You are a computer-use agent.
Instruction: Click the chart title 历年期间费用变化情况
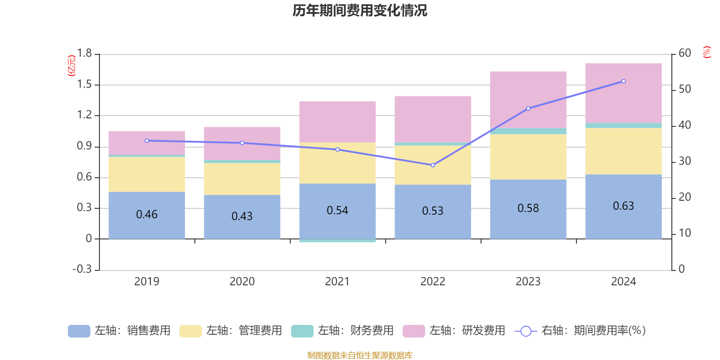(x=360, y=10)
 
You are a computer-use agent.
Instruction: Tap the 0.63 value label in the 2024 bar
(x=623, y=206)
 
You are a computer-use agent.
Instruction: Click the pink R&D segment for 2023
(x=528, y=99)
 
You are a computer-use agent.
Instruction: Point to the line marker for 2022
(x=433, y=165)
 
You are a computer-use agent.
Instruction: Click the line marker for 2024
(x=623, y=81)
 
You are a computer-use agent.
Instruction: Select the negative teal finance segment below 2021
(x=337, y=241)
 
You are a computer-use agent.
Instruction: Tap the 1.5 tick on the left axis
(x=84, y=84)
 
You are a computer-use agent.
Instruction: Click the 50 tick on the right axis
(x=684, y=89)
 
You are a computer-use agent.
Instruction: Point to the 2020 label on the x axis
(x=242, y=282)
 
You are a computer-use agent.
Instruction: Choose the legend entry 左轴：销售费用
(x=119, y=331)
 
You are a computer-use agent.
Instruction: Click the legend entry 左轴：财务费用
(x=342, y=331)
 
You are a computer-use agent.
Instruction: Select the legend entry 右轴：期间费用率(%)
(x=580, y=331)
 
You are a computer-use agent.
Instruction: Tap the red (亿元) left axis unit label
(x=72, y=66)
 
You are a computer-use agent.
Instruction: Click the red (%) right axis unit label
(x=706, y=52)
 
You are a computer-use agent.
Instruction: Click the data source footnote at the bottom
(x=360, y=355)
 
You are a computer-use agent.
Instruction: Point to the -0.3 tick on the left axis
(x=82, y=269)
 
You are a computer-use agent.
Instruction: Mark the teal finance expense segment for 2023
(x=528, y=131)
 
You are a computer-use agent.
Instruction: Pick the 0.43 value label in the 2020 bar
(x=242, y=216)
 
